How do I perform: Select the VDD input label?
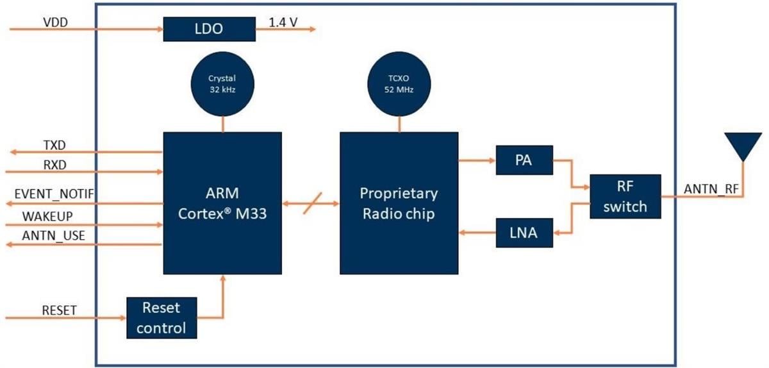point(55,22)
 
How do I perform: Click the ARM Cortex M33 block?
point(222,203)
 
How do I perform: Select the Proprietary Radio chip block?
point(399,203)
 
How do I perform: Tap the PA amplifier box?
point(524,160)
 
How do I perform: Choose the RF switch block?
point(625,197)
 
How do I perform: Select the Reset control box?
point(161,318)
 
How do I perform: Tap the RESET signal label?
point(59,310)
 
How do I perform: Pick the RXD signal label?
point(55,165)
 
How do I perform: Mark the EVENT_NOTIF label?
point(54,194)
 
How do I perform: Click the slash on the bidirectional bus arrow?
point(310,203)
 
